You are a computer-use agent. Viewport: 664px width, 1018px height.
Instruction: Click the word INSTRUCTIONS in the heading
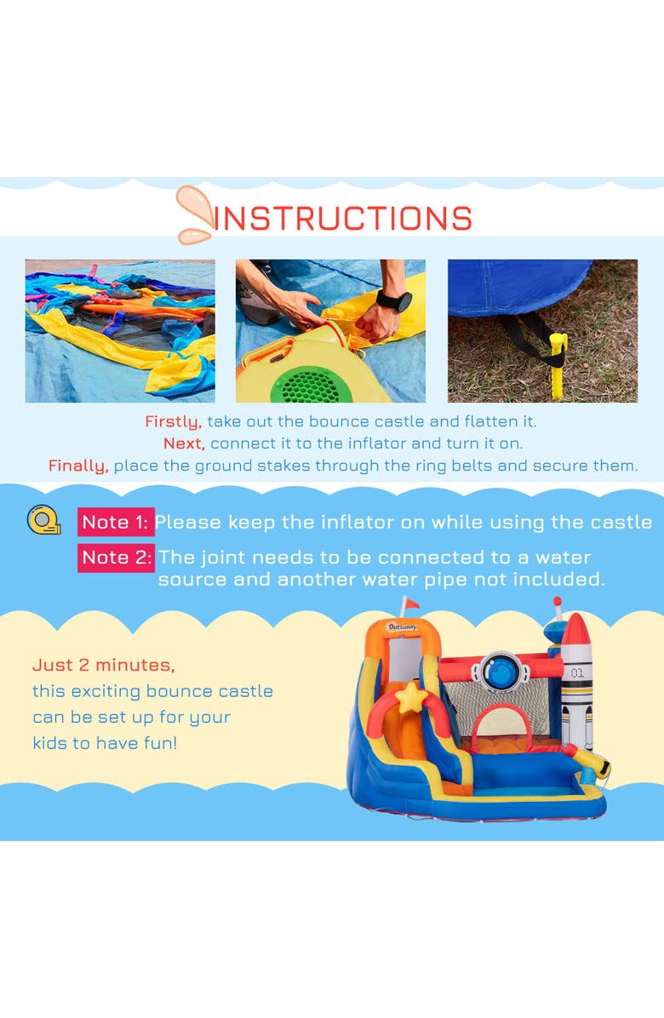coord(343,219)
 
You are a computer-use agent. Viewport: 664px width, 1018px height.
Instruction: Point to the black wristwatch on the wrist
coord(394,301)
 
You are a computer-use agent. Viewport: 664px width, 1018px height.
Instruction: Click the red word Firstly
coord(173,421)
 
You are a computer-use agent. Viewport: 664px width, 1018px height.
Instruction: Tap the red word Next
coord(184,443)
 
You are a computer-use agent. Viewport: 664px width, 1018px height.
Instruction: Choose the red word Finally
coord(78,466)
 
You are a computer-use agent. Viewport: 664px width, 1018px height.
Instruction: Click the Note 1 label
coord(116,522)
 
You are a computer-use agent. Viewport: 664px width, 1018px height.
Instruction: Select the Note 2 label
coord(116,558)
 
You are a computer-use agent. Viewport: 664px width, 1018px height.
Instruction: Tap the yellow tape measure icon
coord(43,520)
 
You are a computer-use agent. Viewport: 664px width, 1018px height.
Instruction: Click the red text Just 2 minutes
coord(104,665)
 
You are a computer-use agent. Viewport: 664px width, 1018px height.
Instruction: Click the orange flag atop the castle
coord(411,605)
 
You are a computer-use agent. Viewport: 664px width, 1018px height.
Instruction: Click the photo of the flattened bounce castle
coord(120,331)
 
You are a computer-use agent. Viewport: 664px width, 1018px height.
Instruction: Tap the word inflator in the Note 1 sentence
coord(352,522)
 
